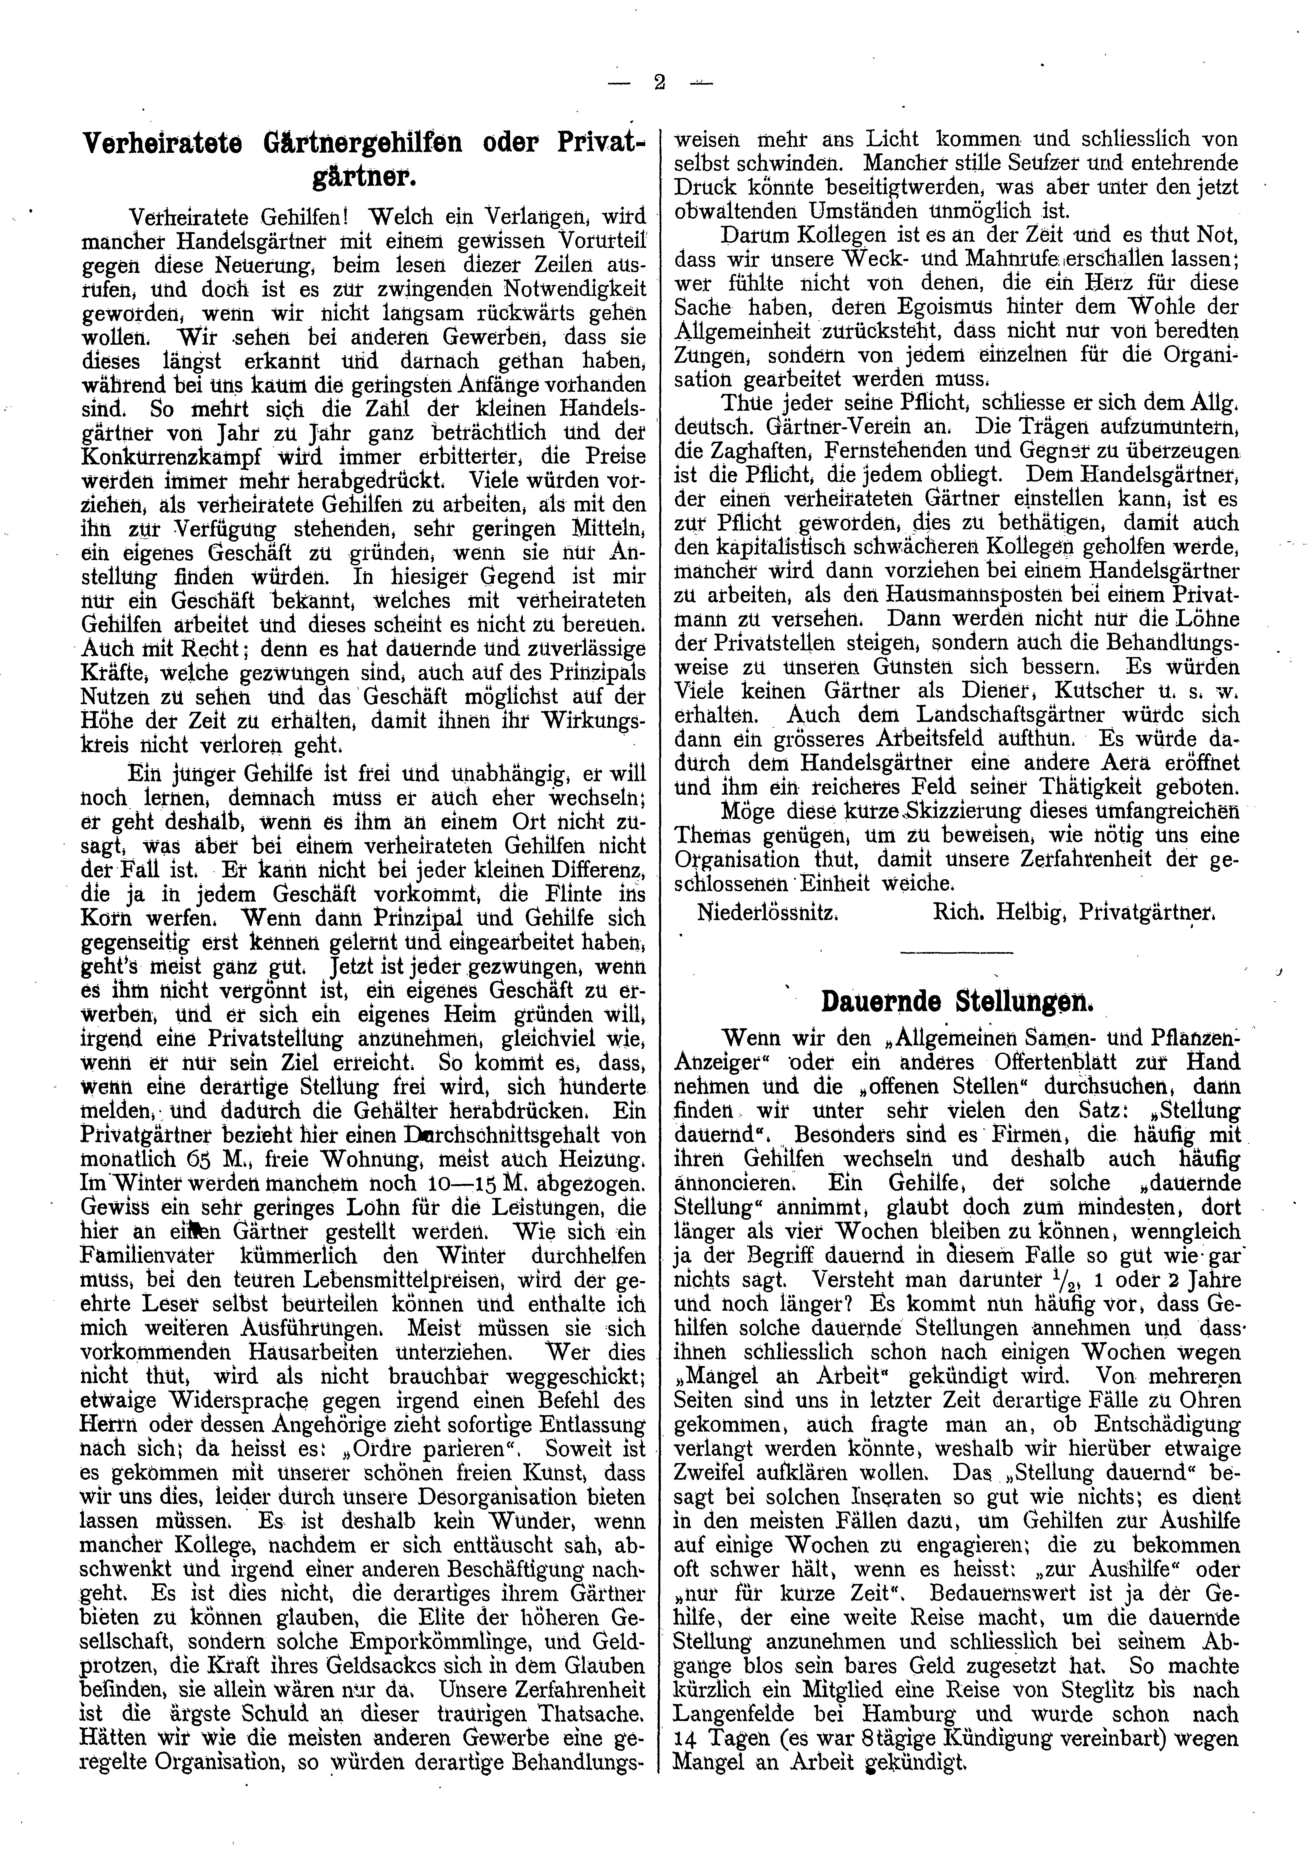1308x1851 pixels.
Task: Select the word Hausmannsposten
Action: (920, 595)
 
